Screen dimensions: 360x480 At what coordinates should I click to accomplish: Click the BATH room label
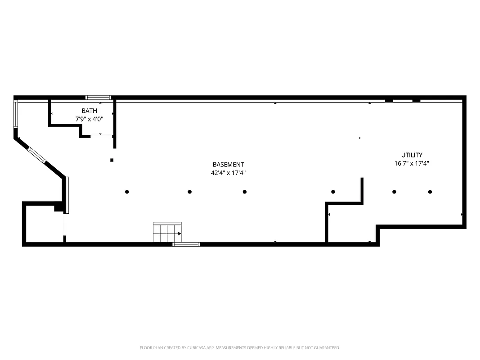coord(89,111)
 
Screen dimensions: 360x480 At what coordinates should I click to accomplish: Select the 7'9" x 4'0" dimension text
coord(89,119)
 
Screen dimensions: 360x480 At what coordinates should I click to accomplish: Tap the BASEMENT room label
coord(228,165)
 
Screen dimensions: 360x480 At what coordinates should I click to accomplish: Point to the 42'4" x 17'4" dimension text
coord(228,173)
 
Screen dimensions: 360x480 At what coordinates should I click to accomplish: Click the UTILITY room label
coord(412,155)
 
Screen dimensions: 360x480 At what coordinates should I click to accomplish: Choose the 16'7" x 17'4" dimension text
coord(412,164)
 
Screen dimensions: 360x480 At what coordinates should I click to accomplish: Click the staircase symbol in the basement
coord(167,232)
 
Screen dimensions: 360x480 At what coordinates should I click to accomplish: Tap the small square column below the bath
coord(112,160)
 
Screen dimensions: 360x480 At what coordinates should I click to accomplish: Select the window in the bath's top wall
coord(98,97)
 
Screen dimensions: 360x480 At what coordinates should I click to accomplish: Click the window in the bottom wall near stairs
coord(186,244)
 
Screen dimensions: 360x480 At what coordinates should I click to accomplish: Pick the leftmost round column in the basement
coord(127,192)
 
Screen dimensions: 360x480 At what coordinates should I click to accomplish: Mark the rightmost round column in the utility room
coord(430,192)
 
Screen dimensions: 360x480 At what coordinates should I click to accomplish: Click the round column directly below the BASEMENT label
coord(244,192)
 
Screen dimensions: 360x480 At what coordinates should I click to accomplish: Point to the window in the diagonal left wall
coord(37,155)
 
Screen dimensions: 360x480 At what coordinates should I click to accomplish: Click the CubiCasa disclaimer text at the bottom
coord(240,348)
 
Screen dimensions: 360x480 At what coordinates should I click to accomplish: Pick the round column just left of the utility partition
coord(333,192)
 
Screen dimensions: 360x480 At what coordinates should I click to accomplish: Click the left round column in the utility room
coord(394,192)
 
